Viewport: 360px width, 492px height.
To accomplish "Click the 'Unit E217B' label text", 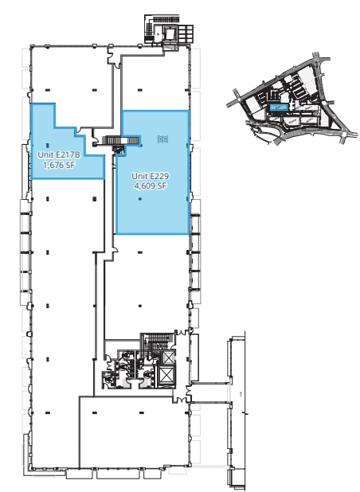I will pyautogui.click(x=58, y=155).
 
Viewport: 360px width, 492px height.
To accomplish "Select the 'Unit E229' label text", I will pyautogui.click(x=150, y=176).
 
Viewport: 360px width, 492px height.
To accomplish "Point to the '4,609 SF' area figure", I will pyautogui.click(x=150, y=186).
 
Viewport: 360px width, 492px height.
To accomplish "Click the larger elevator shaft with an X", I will pyautogui.click(x=167, y=376).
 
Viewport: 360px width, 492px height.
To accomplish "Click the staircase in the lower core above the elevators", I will pyautogui.click(x=157, y=342).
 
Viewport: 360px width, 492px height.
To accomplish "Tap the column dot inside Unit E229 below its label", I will pyautogui.click(x=139, y=199).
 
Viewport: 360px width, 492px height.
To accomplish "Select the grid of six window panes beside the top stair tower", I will pyautogui.click(x=184, y=33).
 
